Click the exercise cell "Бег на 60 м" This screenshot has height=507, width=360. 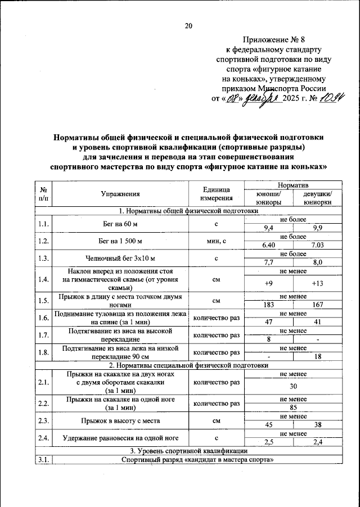120,224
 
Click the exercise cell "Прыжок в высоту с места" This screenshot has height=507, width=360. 120,420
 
